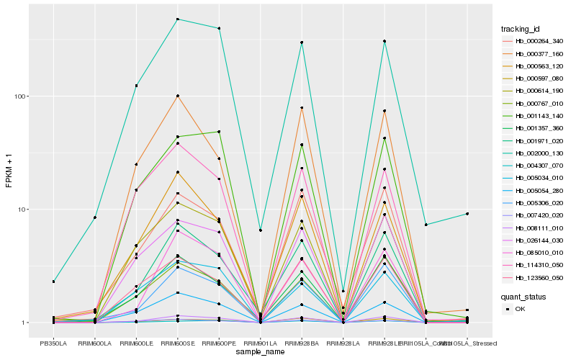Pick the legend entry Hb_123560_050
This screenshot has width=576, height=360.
click(x=533, y=277)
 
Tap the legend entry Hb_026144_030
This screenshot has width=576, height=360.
click(x=533, y=240)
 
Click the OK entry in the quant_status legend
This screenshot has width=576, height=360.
click(x=520, y=308)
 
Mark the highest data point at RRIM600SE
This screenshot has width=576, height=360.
click(x=177, y=19)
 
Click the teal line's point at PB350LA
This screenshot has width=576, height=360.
click(x=53, y=282)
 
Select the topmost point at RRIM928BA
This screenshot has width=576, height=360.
click(x=302, y=42)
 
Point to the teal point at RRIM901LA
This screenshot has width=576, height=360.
click(x=260, y=230)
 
